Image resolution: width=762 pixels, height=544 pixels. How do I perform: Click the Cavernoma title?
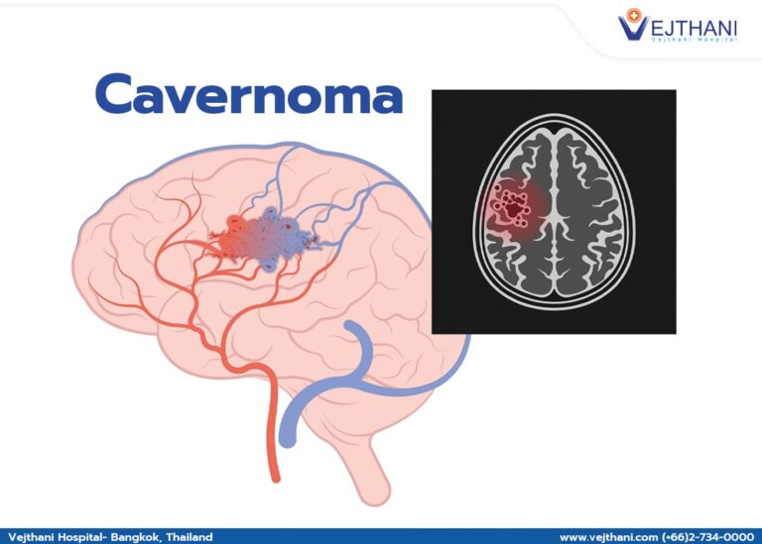tap(249, 95)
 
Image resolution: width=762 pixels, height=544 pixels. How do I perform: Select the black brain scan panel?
tap(554, 211)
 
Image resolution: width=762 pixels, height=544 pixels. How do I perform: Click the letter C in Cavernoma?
tap(119, 96)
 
